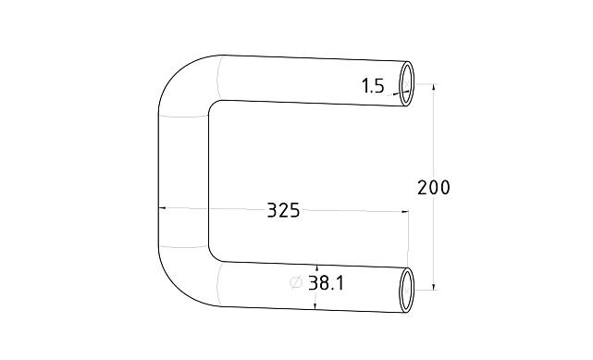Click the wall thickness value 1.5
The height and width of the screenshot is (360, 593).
(373, 86)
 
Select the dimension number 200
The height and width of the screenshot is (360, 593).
(434, 188)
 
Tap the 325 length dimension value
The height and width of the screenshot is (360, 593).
(283, 210)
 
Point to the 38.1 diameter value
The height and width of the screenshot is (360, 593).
(327, 283)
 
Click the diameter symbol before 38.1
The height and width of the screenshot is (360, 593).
(296, 283)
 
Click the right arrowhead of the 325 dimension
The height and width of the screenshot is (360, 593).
(404, 212)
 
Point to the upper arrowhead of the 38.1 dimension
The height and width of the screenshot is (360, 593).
(316, 266)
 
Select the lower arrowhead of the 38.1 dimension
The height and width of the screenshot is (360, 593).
(316, 303)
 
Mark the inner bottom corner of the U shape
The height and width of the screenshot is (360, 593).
(214, 254)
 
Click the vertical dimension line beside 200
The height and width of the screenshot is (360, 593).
(434, 139)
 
